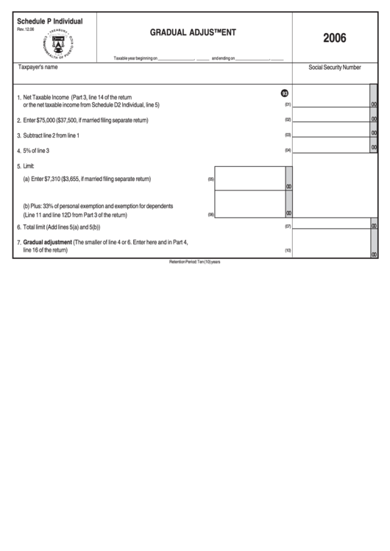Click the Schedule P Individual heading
point(50,21)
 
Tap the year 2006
point(334,38)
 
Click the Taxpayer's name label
point(38,67)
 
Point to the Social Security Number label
point(334,67)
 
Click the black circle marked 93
point(285,93)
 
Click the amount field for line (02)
point(331,118)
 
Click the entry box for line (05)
point(249,178)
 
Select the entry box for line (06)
point(249,205)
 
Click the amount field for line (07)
point(331,225)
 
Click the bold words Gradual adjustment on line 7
point(47,242)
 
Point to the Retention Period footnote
point(195,262)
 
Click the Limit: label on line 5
point(26,166)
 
